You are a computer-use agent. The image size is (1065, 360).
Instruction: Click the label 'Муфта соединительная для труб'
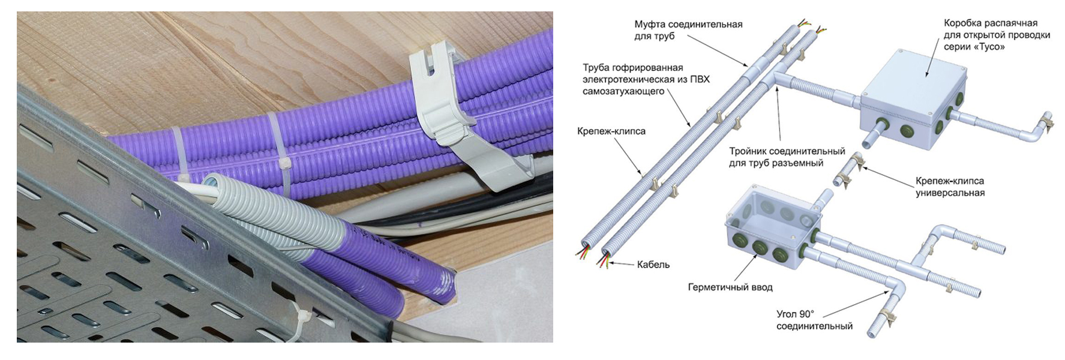(x=688, y=30)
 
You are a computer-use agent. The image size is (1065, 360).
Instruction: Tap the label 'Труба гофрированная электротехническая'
(x=646, y=79)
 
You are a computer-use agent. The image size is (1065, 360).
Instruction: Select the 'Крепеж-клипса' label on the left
(x=611, y=131)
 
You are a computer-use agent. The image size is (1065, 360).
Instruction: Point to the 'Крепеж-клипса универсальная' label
(x=950, y=187)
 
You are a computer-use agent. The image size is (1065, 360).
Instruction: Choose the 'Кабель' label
(x=653, y=264)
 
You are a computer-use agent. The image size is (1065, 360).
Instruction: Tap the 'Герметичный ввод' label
(x=730, y=287)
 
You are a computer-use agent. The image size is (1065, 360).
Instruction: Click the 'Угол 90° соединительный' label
(x=814, y=320)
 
